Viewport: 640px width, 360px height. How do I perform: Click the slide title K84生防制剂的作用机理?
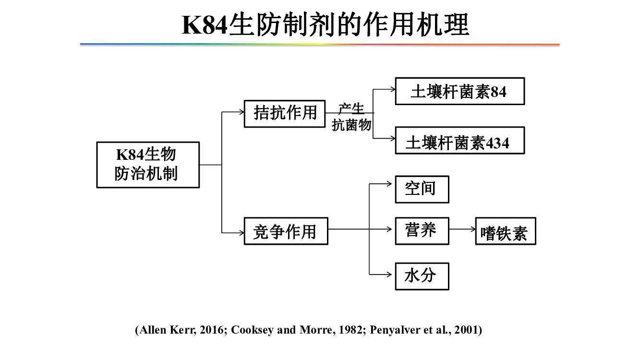[x=325, y=24]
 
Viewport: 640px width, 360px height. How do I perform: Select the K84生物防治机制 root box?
[x=148, y=165]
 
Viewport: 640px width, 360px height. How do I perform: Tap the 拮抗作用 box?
[x=285, y=114]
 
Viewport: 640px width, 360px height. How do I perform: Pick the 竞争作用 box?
[x=286, y=231]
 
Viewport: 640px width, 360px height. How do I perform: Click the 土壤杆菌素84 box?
[x=459, y=91]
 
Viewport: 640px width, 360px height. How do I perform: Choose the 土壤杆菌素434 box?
[x=459, y=141]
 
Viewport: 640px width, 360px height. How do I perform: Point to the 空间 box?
[x=422, y=190]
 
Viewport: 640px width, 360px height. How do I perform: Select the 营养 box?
[x=422, y=231]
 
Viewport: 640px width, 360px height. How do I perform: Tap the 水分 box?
[x=422, y=276]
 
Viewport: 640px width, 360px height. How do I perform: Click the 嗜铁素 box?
[x=506, y=231]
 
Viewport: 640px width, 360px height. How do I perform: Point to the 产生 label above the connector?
[x=351, y=108]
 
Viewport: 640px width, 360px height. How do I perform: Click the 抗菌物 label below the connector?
[x=351, y=125]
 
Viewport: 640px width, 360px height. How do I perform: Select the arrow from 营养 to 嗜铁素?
[x=462, y=229]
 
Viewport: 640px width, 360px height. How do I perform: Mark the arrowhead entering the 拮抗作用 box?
[x=242, y=112]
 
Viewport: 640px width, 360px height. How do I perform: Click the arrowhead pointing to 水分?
[x=389, y=275]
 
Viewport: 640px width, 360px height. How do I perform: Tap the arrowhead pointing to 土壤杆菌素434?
[x=392, y=139]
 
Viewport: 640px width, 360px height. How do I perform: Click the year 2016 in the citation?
[x=211, y=330]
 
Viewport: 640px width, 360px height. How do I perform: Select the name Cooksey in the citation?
[x=252, y=330]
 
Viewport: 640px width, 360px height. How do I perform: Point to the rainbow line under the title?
[x=320, y=44]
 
